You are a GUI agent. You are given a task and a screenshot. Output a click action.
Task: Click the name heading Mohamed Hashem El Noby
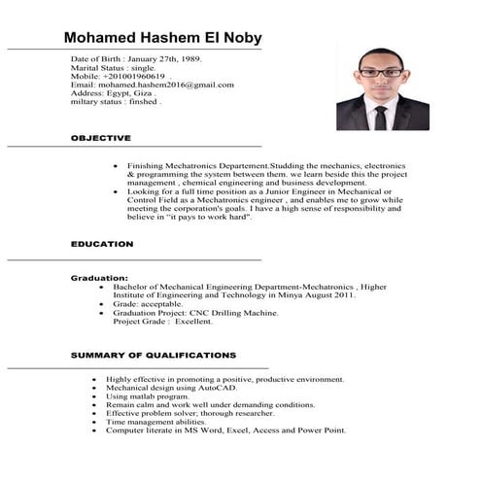162,38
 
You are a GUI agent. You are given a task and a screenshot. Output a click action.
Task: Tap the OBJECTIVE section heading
101,139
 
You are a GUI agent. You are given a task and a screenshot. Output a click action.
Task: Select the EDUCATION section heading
102,244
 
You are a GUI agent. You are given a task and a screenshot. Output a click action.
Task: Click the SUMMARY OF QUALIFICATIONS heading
153,356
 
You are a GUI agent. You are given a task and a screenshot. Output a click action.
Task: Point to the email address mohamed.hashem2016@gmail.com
153,86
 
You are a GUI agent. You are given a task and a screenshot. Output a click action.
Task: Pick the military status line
117,102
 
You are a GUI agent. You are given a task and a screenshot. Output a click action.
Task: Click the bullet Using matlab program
148,396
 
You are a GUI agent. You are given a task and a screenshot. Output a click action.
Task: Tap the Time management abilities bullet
156,422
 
